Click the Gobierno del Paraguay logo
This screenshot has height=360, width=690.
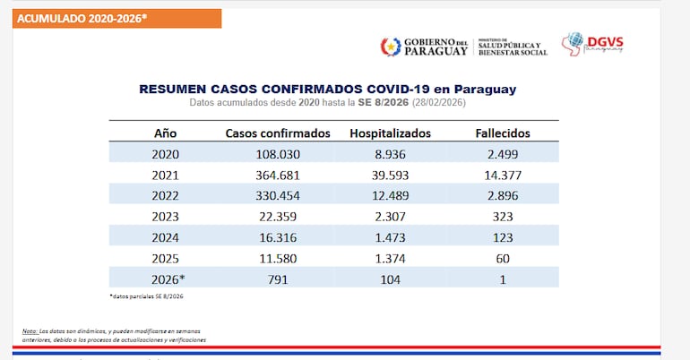424,47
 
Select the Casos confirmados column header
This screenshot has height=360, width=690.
278,133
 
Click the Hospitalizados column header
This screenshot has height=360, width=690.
390,133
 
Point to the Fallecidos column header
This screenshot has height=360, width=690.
502,133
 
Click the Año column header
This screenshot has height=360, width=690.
165,133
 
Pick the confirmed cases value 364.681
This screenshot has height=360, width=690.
278,175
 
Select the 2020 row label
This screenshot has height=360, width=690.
165,154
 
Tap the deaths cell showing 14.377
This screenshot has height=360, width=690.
502,175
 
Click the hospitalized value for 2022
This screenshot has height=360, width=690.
390,196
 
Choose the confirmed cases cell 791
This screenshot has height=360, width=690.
278,279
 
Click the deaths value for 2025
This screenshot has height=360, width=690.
502,259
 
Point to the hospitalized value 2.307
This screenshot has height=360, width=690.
390,217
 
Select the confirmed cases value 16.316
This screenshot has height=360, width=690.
278,237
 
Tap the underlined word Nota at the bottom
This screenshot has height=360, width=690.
30,331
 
